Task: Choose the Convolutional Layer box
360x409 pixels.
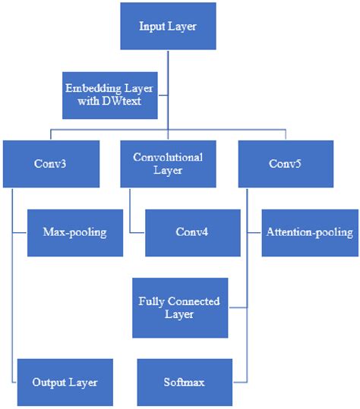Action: tap(168, 163)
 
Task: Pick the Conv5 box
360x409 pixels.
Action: tap(286, 163)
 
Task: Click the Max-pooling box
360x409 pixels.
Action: tap(74, 231)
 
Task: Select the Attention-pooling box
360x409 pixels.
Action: tap(310, 231)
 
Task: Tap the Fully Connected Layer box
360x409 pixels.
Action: tap(179, 307)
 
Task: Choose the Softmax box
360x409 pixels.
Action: tap(182, 382)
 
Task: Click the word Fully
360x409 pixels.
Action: tap(151, 301)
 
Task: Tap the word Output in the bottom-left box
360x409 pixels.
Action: tap(49, 382)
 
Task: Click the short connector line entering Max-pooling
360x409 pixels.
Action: tap(21, 231)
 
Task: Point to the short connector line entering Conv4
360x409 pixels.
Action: tap(137, 231)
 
